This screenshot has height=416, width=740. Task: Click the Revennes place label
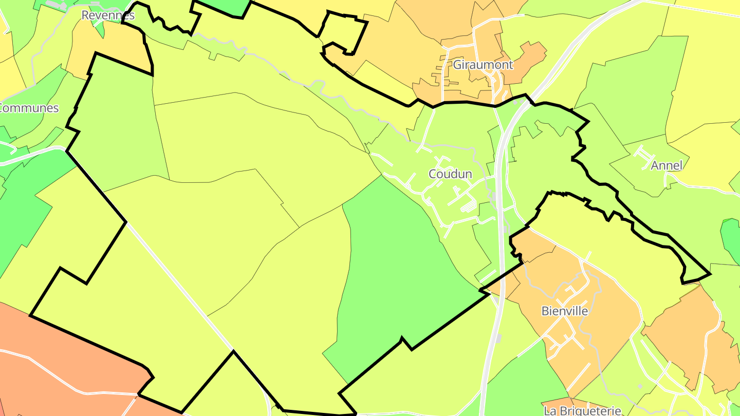(x=108, y=15)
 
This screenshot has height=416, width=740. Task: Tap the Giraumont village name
(x=483, y=65)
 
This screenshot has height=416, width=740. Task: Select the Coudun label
(x=450, y=174)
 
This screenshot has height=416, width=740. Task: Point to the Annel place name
(x=667, y=165)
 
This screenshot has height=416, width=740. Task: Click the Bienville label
(x=565, y=311)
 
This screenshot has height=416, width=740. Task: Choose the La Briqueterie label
(x=582, y=410)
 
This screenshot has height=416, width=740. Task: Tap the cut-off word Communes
(x=29, y=108)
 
